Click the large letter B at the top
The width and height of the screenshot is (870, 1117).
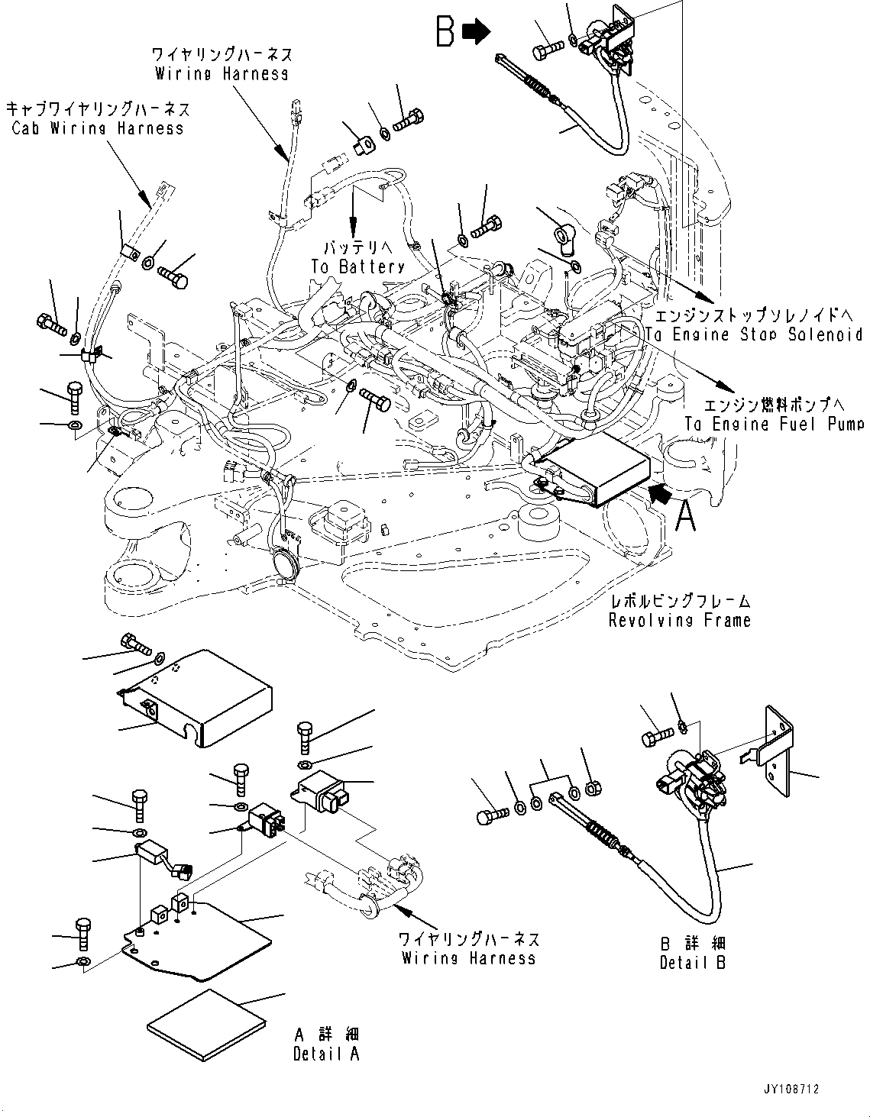point(446,32)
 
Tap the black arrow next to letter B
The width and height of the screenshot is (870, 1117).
point(477,32)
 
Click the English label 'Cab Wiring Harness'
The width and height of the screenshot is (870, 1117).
point(98,128)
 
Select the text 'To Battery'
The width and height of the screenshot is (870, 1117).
point(357,266)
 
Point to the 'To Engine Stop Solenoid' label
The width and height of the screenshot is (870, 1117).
point(753,334)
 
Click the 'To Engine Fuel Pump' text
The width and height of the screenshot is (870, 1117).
point(774,425)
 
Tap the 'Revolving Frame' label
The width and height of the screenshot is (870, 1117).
point(679,621)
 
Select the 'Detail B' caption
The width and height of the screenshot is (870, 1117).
point(692,963)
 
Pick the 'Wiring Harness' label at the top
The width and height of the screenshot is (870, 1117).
point(222,74)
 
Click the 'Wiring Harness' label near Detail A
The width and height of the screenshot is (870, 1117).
point(468,958)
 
